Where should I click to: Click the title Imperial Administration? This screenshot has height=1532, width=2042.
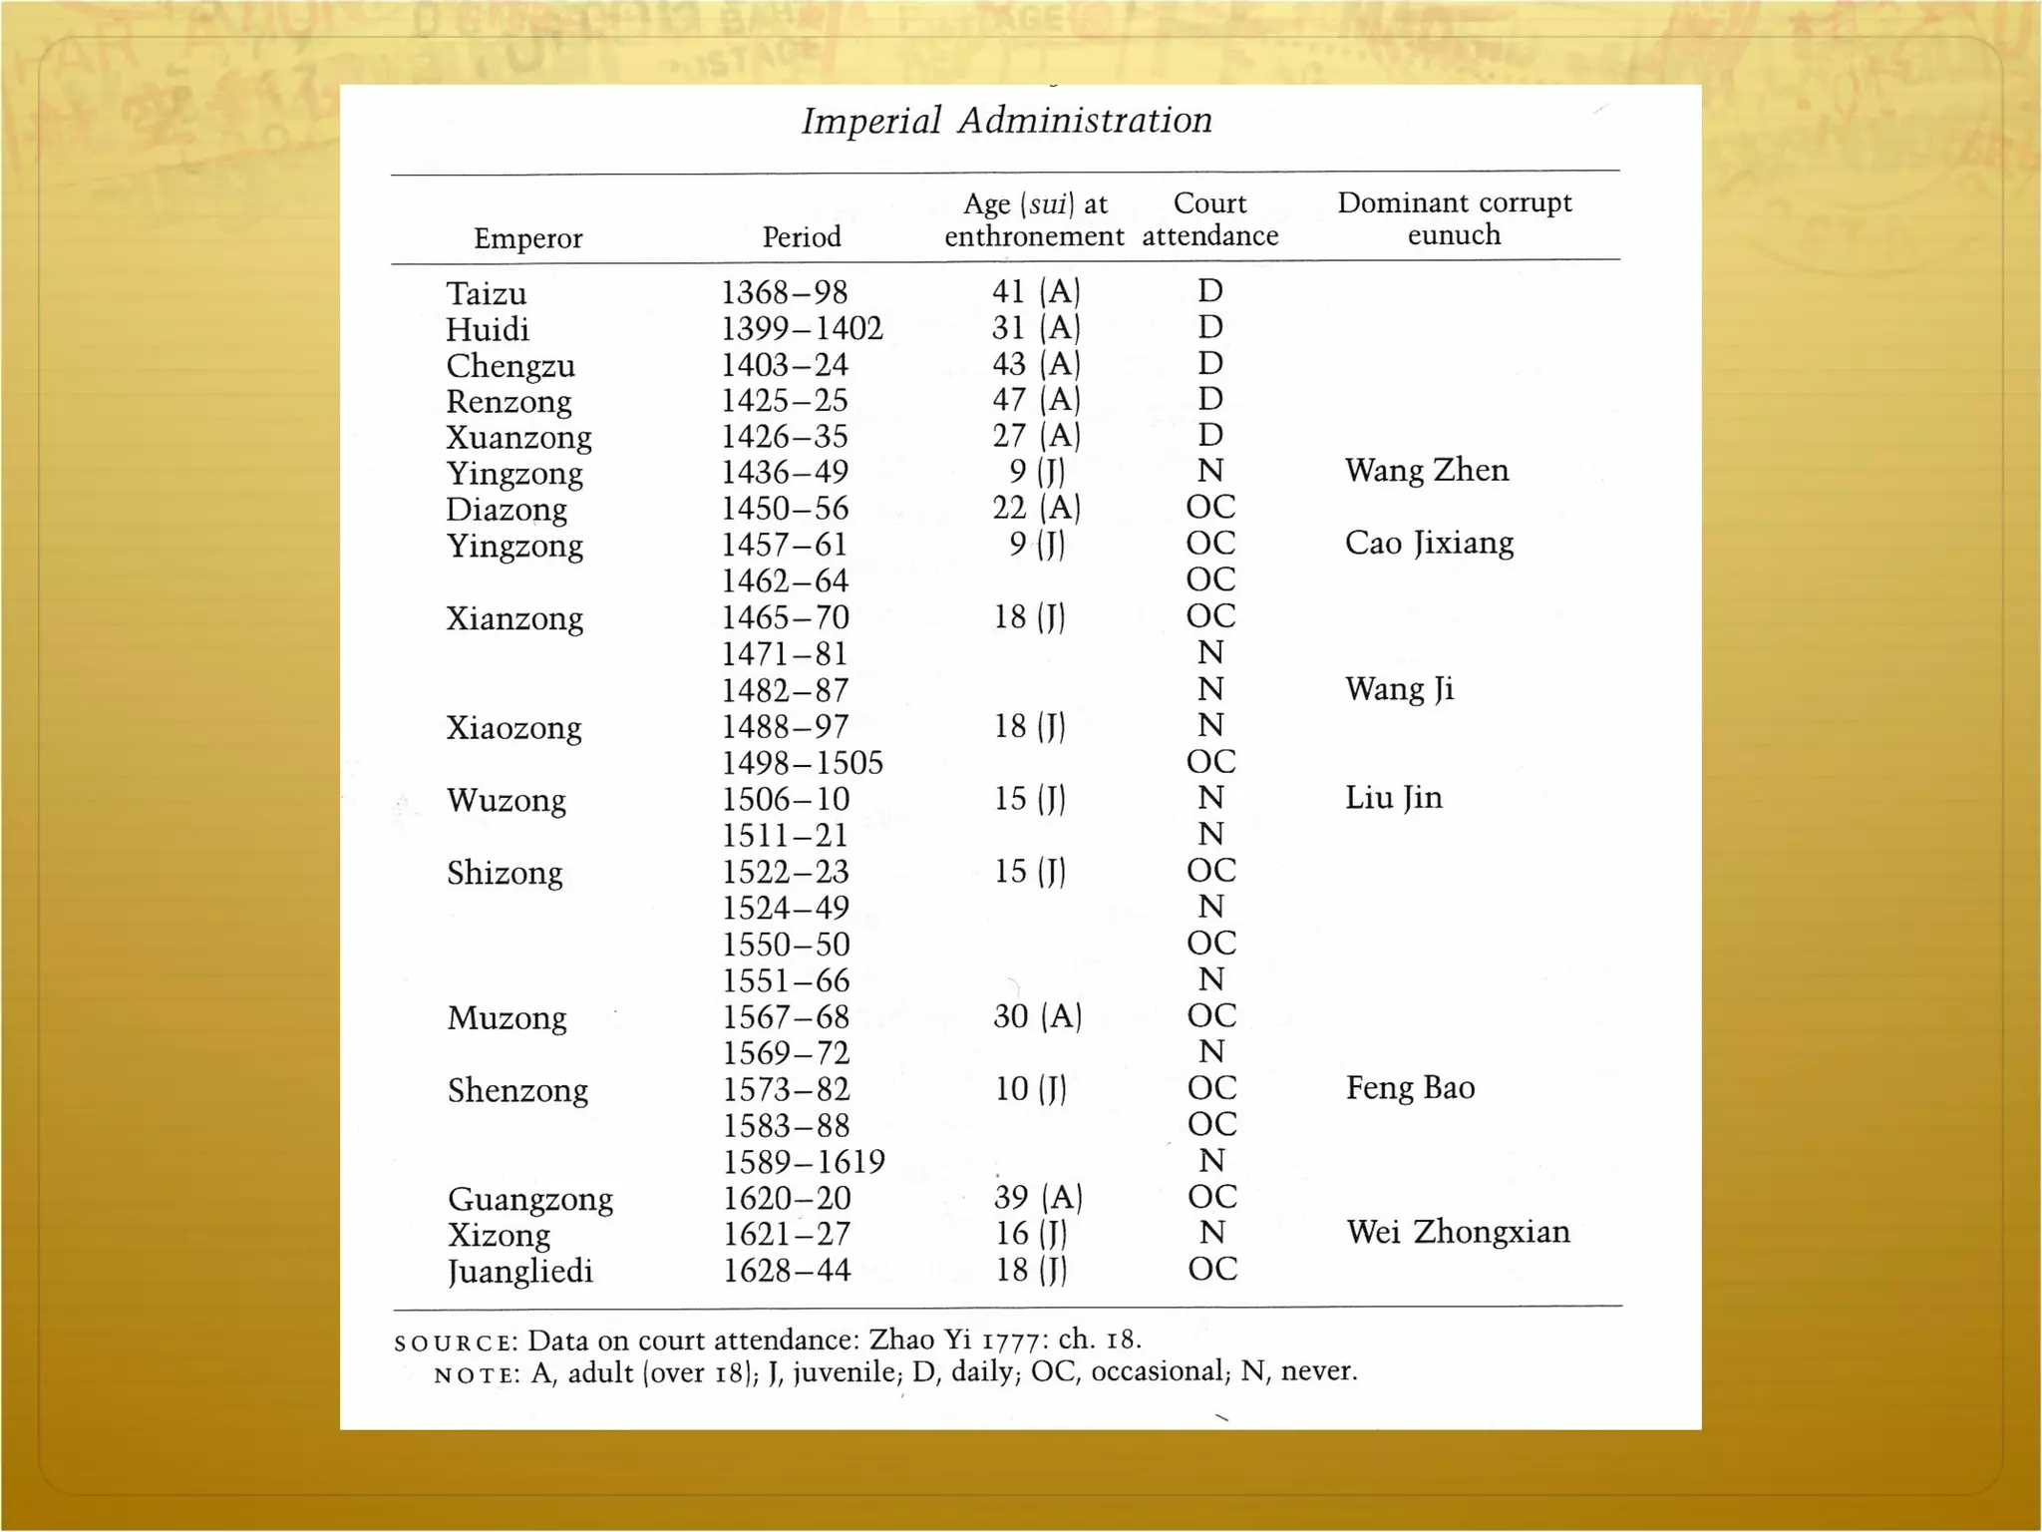pyautogui.click(x=1007, y=121)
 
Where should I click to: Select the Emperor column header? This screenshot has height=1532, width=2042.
pyautogui.click(x=527, y=238)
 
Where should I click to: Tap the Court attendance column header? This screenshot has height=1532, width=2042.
pyautogui.click(x=1209, y=219)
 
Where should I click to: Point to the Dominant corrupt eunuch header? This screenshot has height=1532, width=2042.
pyautogui.click(x=1454, y=218)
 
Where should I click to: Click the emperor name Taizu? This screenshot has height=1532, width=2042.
pyautogui.click(x=486, y=293)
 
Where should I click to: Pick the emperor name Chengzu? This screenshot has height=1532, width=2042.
pyautogui.click(x=510, y=366)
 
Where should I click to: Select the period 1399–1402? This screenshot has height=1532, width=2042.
pyautogui.click(x=802, y=328)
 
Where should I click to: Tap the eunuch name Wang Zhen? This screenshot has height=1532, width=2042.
pyautogui.click(x=1426, y=470)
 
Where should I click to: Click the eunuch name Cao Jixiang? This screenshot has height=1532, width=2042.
pyautogui.click(x=1429, y=543)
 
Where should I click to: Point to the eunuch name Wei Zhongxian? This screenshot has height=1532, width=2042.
pyautogui.click(x=1458, y=1232)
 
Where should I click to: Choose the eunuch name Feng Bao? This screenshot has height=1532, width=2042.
pyautogui.click(x=1410, y=1087)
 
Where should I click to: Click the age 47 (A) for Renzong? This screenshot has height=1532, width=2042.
pyautogui.click(x=1036, y=400)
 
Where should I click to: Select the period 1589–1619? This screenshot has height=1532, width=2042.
pyautogui.click(x=804, y=1162)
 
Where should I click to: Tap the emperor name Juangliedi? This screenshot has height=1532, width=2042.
pyautogui.click(x=519, y=1272)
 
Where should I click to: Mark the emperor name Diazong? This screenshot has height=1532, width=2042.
pyautogui.click(x=507, y=510)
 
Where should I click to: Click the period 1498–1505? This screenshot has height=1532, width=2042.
pyautogui.click(x=803, y=763)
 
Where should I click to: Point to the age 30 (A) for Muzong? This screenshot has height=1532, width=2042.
pyautogui.click(x=1037, y=1016)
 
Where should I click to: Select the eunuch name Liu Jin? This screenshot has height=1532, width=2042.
pyautogui.click(x=1393, y=797)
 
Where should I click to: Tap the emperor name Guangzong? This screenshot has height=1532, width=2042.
pyautogui.click(x=529, y=1199)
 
